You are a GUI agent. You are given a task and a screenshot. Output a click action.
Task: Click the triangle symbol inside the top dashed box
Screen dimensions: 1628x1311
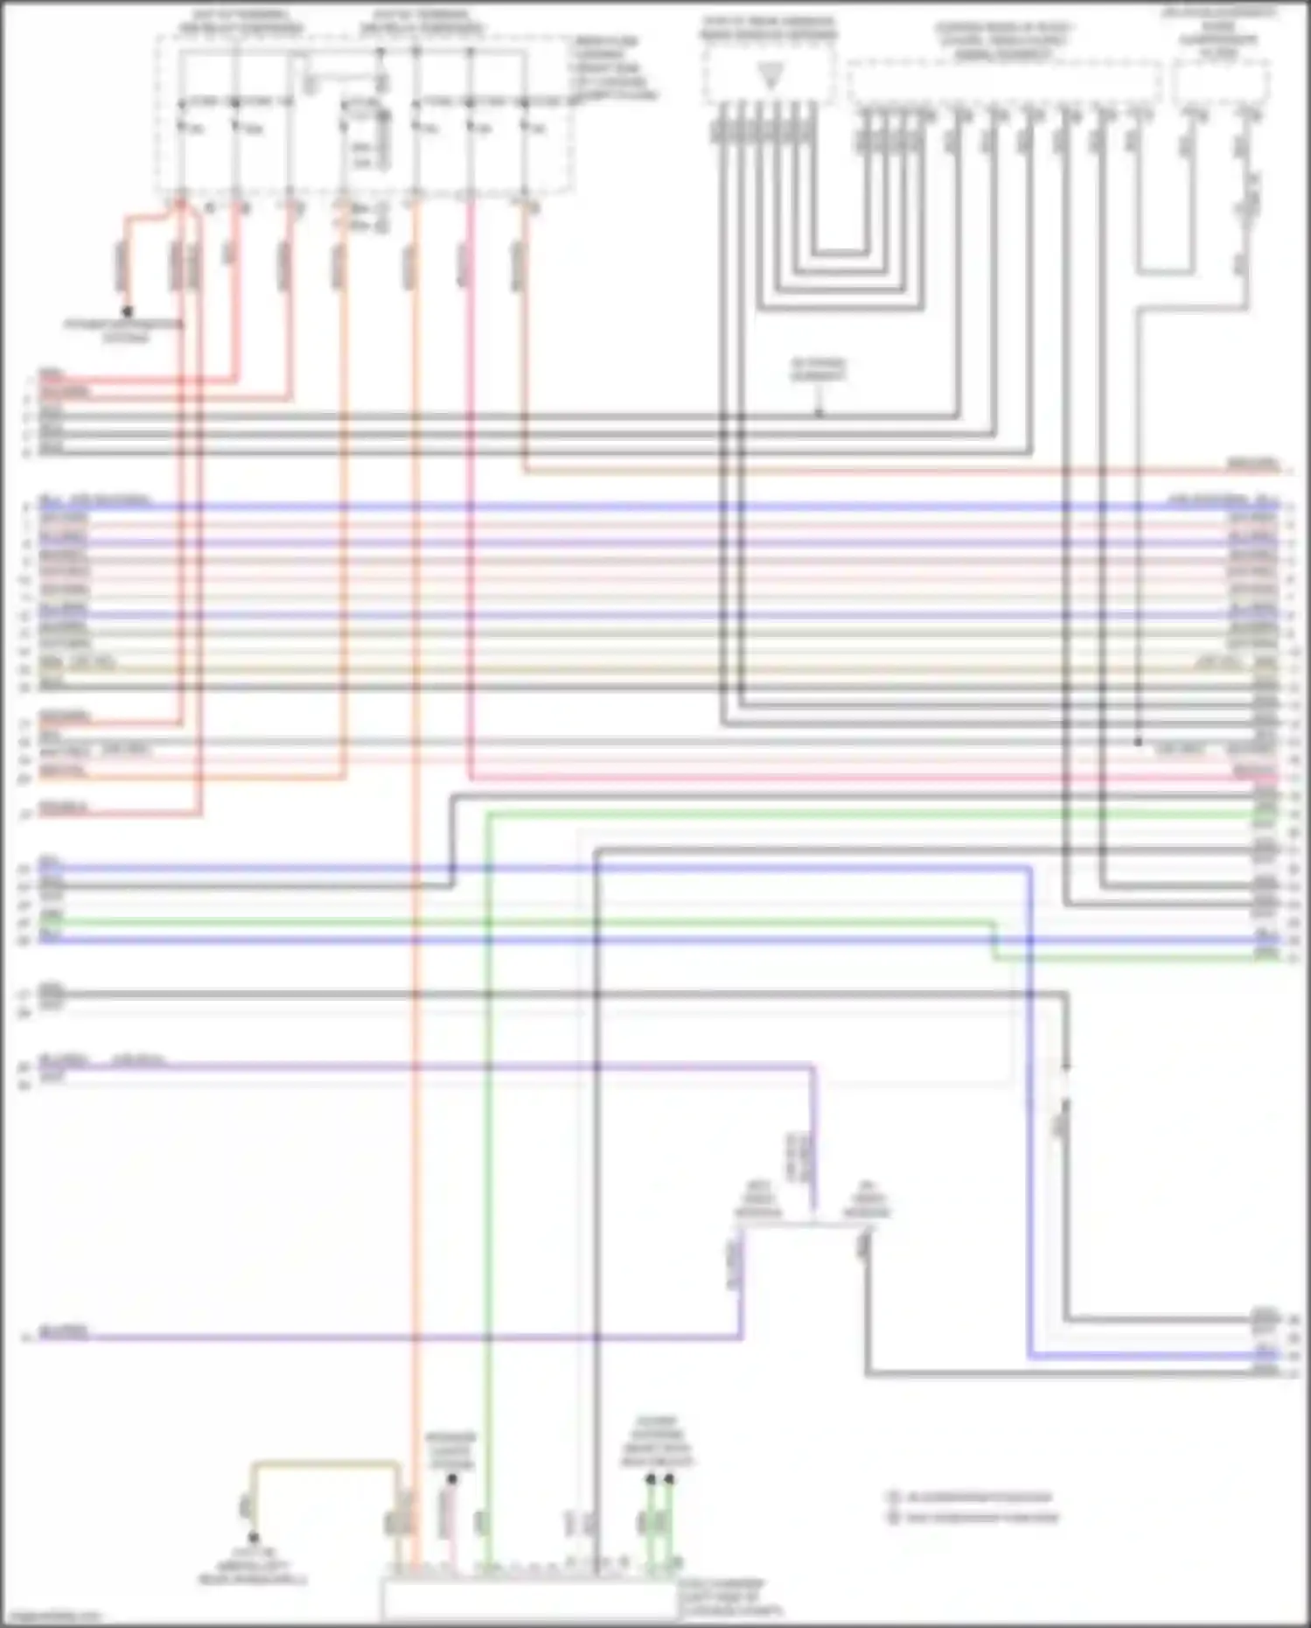pyautogui.click(x=770, y=77)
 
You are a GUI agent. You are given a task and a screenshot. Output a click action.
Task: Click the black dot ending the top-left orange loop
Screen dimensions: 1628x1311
pyautogui.click(x=128, y=311)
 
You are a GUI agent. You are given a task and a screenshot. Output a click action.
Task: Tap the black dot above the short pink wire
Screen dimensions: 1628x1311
pyautogui.click(x=452, y=1479)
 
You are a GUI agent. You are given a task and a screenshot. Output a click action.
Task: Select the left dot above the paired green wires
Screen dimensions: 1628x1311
pyautogui.click(x=651, y=1479)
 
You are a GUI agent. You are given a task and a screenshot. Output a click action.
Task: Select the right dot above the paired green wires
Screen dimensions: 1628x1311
pyautogui.click(x=669, y=1479)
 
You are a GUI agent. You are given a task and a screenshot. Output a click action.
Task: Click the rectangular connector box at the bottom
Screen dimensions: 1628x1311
pyautogui.click(x=529, y=1601)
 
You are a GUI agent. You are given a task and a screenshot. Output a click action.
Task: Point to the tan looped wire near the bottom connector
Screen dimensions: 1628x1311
pyautogui.click(x=324, y=1462)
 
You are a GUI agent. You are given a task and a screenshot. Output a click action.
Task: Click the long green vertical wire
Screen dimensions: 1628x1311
pyautogui.click(x=488, y=1137)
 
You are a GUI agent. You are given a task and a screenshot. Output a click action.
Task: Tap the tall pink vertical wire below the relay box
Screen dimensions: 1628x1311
pyautogui.click(x=471, y=525)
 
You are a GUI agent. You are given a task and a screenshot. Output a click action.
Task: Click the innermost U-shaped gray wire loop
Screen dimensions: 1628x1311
pyautogui.click(x=840, y=255)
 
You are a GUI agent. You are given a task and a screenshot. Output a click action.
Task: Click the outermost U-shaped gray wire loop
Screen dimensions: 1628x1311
pyautogui.click(x=840, y=309)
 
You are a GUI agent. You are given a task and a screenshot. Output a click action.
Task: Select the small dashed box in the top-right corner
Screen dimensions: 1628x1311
pyautogui.click(x=1221, y=84)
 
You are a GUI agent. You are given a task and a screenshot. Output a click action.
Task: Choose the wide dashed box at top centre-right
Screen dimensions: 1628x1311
pyautogui.click(x=1004, y=83)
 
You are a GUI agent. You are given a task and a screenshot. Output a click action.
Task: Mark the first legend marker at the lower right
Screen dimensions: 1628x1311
pyautogui.click(x=894, y=1497)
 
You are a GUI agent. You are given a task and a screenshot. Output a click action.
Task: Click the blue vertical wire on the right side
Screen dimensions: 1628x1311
pyautogui.click(x=1030, y=1137)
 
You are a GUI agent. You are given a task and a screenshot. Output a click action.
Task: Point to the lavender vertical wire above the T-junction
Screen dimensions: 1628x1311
pyautogui.click(x=813, y=1137)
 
